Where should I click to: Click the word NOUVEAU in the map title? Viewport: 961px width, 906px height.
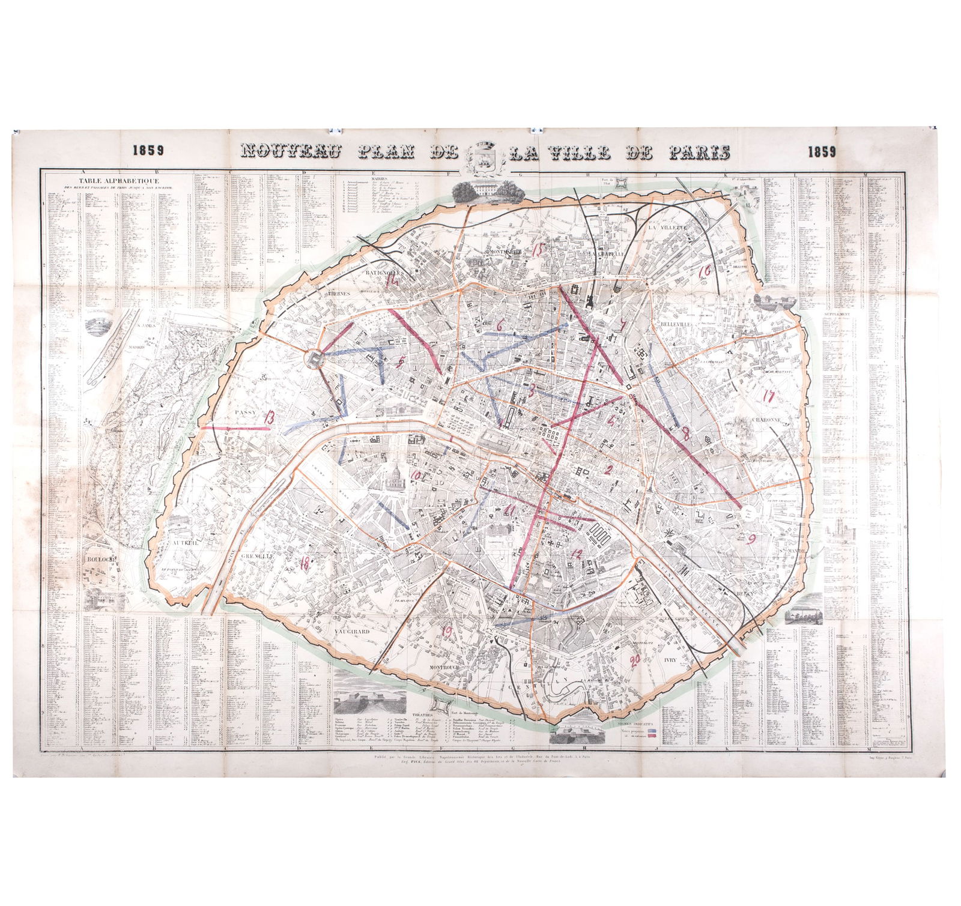(291, 153)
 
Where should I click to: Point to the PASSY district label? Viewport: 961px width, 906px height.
(246, 412)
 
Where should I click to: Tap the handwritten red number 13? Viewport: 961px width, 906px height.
(268, 418)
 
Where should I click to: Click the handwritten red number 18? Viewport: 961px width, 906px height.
(305, 563)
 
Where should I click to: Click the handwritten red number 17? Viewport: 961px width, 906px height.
(768, 396)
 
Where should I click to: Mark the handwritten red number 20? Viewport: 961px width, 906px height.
(632, 660)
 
